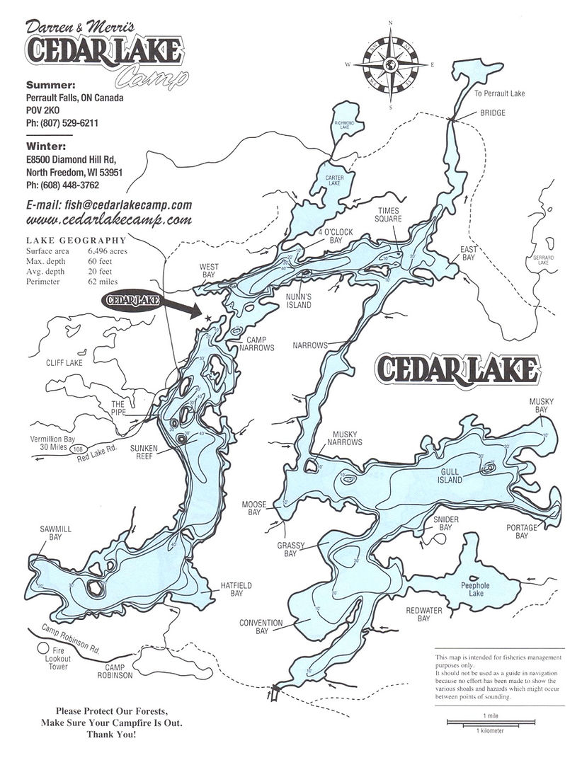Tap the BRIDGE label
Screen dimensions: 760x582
493,113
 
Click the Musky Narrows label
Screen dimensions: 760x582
344,437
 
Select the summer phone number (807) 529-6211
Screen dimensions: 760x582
62,123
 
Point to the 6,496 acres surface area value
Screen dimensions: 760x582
108,251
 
